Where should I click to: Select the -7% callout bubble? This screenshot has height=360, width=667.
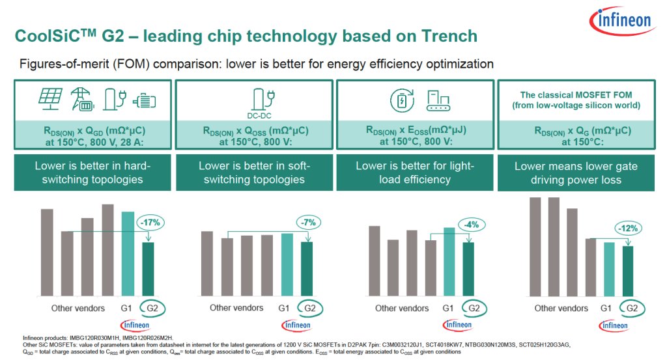pyautogui.click(x=308, y=223)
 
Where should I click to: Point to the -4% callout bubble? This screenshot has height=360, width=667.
pyautogui.click(x=471, y=225)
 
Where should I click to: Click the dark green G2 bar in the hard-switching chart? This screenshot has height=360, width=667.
pyautogui.click(x=149, y=268)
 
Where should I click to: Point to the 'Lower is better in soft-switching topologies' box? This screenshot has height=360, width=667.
pyautogui.click(x=252, y=173)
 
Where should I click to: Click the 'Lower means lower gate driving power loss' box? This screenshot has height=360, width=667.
pyautogui.click(x=576, y=173)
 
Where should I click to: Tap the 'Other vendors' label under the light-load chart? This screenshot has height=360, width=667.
pyautogui.click(x=403, y=308)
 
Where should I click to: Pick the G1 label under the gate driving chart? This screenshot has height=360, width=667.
pyautogui.click(x=605, y=308)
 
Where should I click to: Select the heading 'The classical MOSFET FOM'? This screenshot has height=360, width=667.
pyautogui.click(x=576, y=93)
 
